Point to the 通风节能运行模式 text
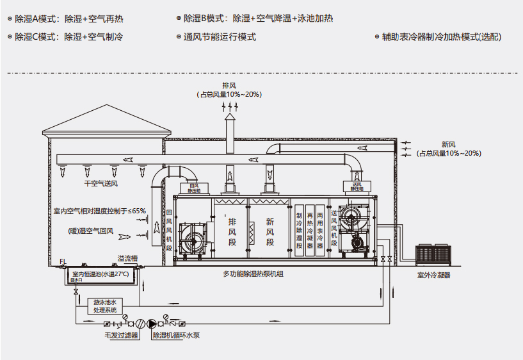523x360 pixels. click(220, 37)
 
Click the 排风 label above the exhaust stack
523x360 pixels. click(229, 86)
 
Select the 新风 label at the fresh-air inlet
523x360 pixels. click(448, 145)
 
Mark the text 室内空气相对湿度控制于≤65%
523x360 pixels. click(99, 210)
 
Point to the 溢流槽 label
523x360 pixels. click(125, 259)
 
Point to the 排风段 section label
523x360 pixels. click(232, 231)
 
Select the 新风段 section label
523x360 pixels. click(270, 231)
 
